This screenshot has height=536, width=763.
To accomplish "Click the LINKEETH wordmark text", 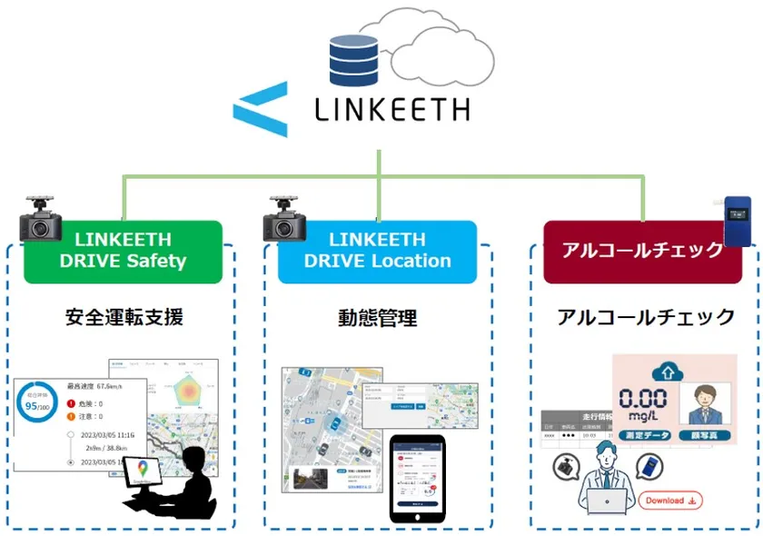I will [x=391, y=109].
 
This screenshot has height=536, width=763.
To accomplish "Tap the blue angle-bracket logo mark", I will [x=261, y=110].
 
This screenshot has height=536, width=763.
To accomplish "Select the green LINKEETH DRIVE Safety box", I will [x=123, y=251].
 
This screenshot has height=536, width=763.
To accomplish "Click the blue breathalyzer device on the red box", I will [x=737, y=220].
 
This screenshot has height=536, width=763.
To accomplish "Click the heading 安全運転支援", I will [x=124, y=317].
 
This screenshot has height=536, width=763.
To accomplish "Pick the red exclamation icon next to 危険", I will [x=71, y=403].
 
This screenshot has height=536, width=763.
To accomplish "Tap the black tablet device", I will [x=418, y=479].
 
